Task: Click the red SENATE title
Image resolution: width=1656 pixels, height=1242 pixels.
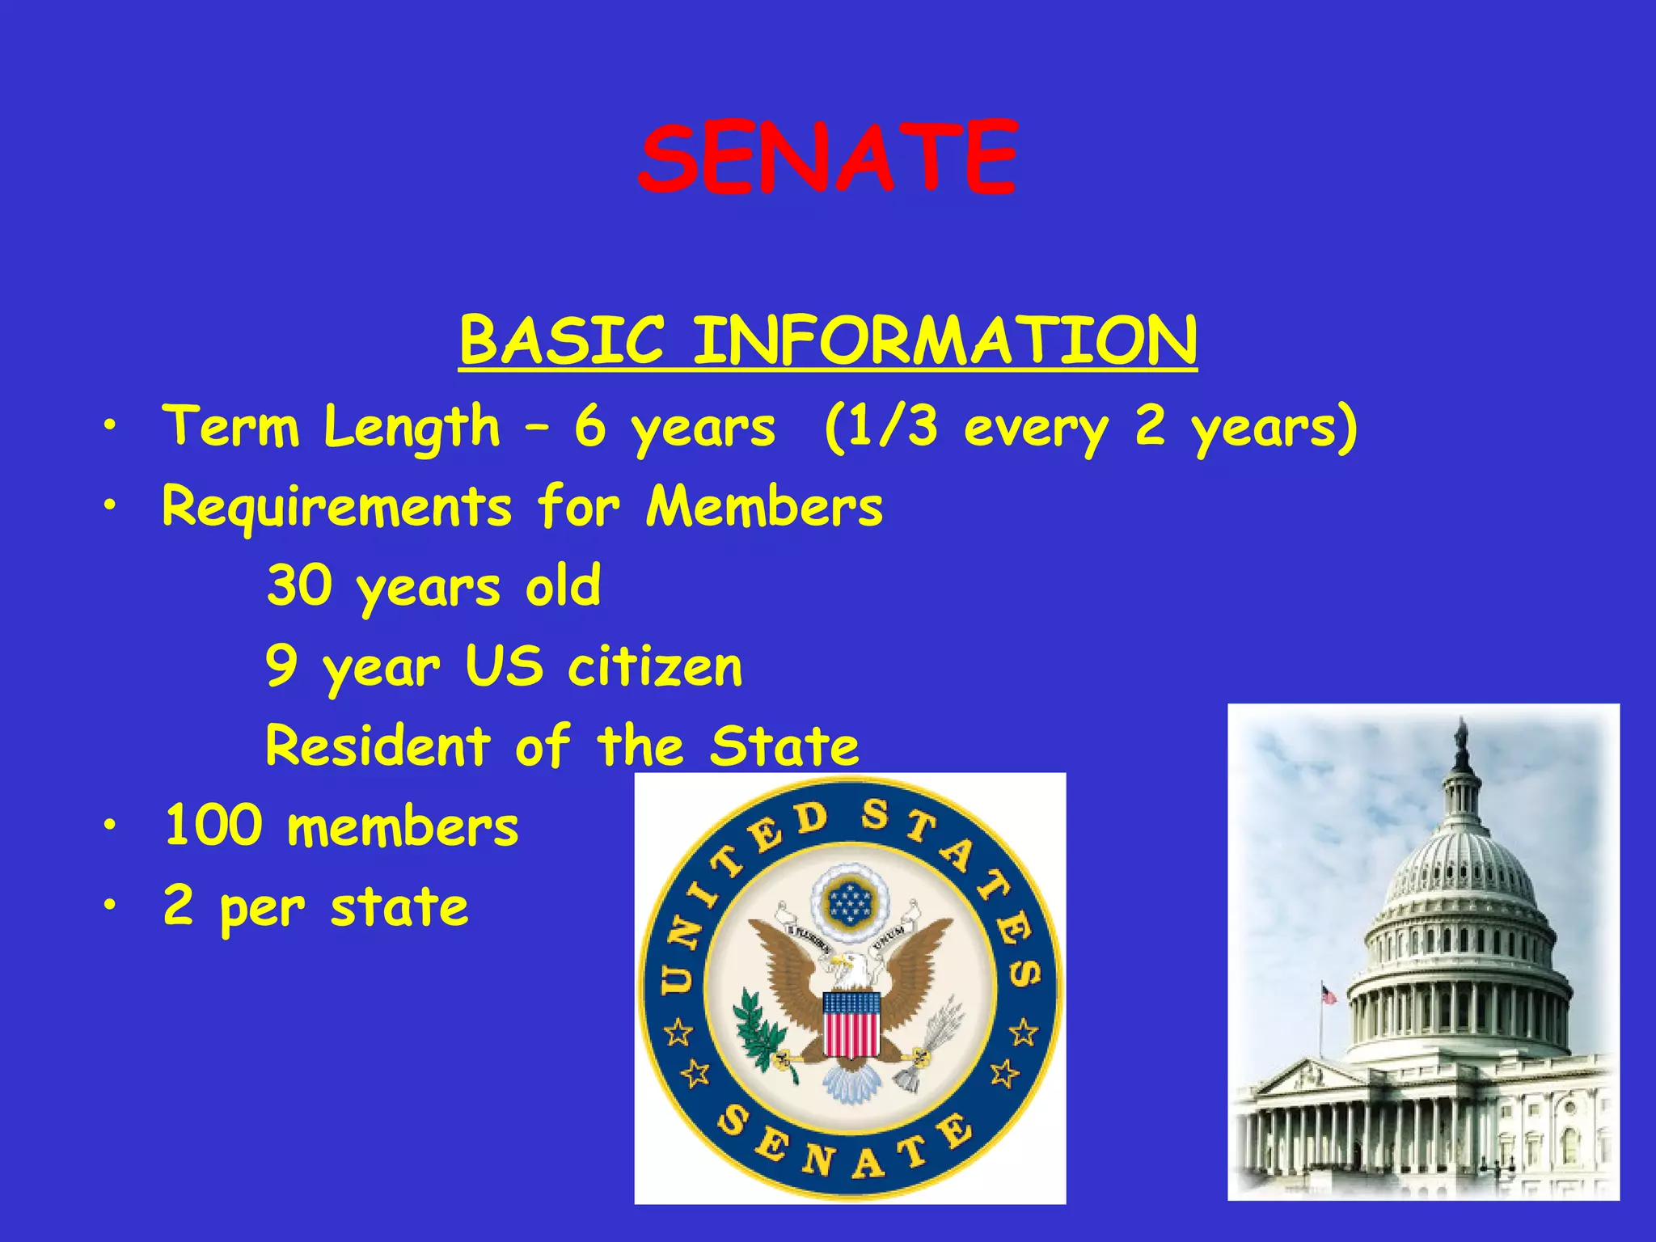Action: [x=826, y=158]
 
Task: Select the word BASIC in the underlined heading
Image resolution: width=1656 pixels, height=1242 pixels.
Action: [x=561, y=340]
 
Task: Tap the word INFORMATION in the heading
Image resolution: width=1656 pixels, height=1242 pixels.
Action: [x=944, y=340]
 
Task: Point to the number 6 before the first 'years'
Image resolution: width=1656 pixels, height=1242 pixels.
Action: [x=590, y=426]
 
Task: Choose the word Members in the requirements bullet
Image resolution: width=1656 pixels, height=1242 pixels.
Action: [x=764, y=507]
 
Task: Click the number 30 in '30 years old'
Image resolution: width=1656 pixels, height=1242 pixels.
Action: [x=299, y=585]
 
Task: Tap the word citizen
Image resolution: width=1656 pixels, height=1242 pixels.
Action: [x=654, y=667]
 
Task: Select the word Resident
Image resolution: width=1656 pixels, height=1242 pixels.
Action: [x=378, y=746]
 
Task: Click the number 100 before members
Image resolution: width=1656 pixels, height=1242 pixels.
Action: [x=213, y=826]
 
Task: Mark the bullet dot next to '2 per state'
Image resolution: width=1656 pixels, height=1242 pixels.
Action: [x=109, y=906]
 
